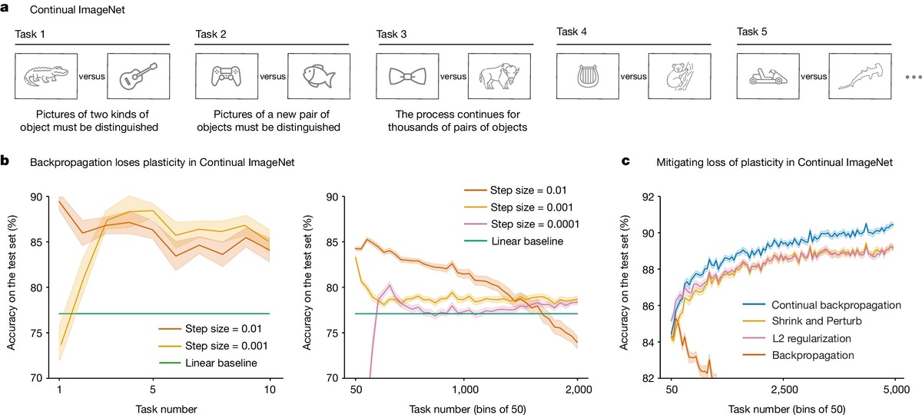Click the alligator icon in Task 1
point(45,76)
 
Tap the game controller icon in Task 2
point(226,76)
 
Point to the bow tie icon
point(406,76)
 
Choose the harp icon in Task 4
point(587,76)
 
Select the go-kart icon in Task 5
point(768,76)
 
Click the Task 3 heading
point(392,33)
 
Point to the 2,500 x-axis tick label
point(782,390)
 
